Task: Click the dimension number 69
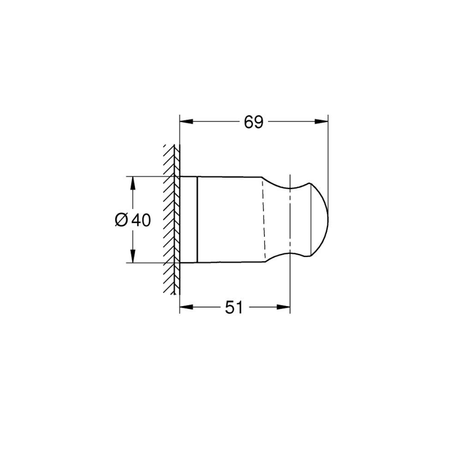pyautogui.click(x=253, y=122)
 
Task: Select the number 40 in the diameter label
pyautogui.click(x=140, y=219)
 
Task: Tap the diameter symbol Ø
pyautogui.click(x=121, y=219)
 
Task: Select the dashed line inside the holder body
pyautogui.click(x=263, y=219)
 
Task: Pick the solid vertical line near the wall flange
pyautogui.click(x=197, y=219)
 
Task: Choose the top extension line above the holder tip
pyautogui.click(x=328, y=153)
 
